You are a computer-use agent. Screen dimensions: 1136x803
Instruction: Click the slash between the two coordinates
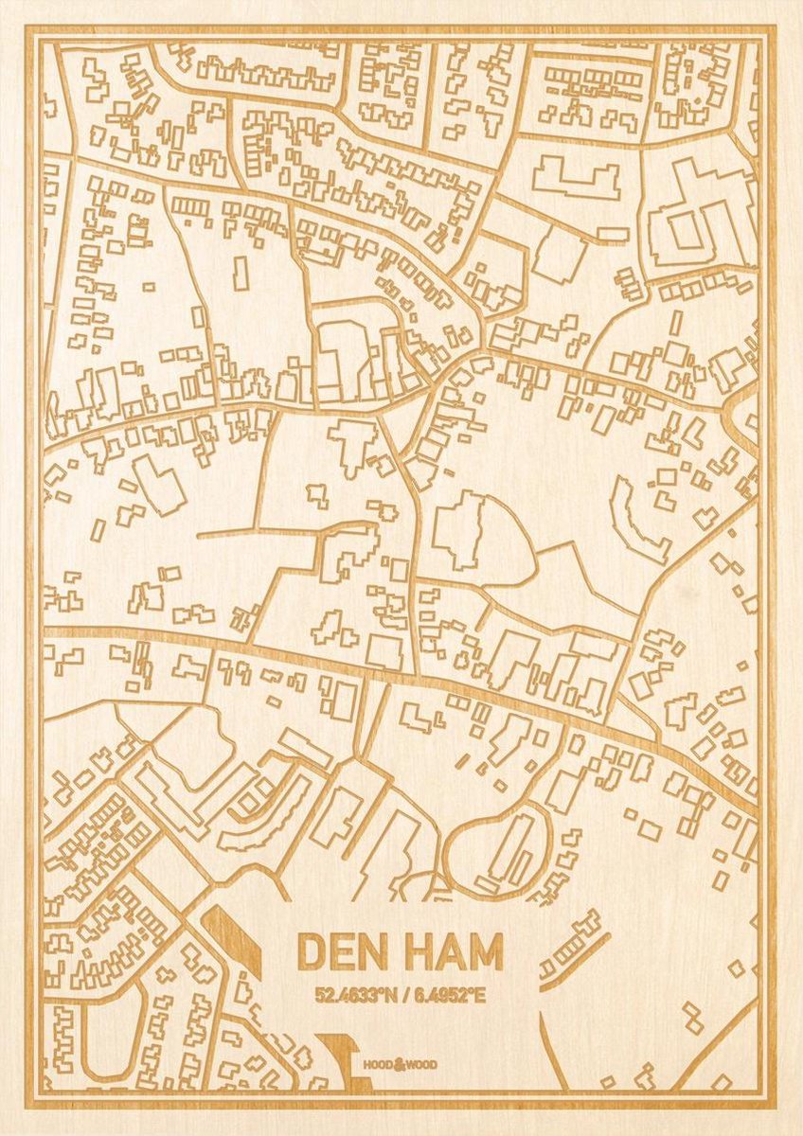[398, 996]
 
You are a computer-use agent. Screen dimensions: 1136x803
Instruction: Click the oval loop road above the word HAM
[494, 847]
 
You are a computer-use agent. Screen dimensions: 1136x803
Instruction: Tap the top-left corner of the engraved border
[31, 32]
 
